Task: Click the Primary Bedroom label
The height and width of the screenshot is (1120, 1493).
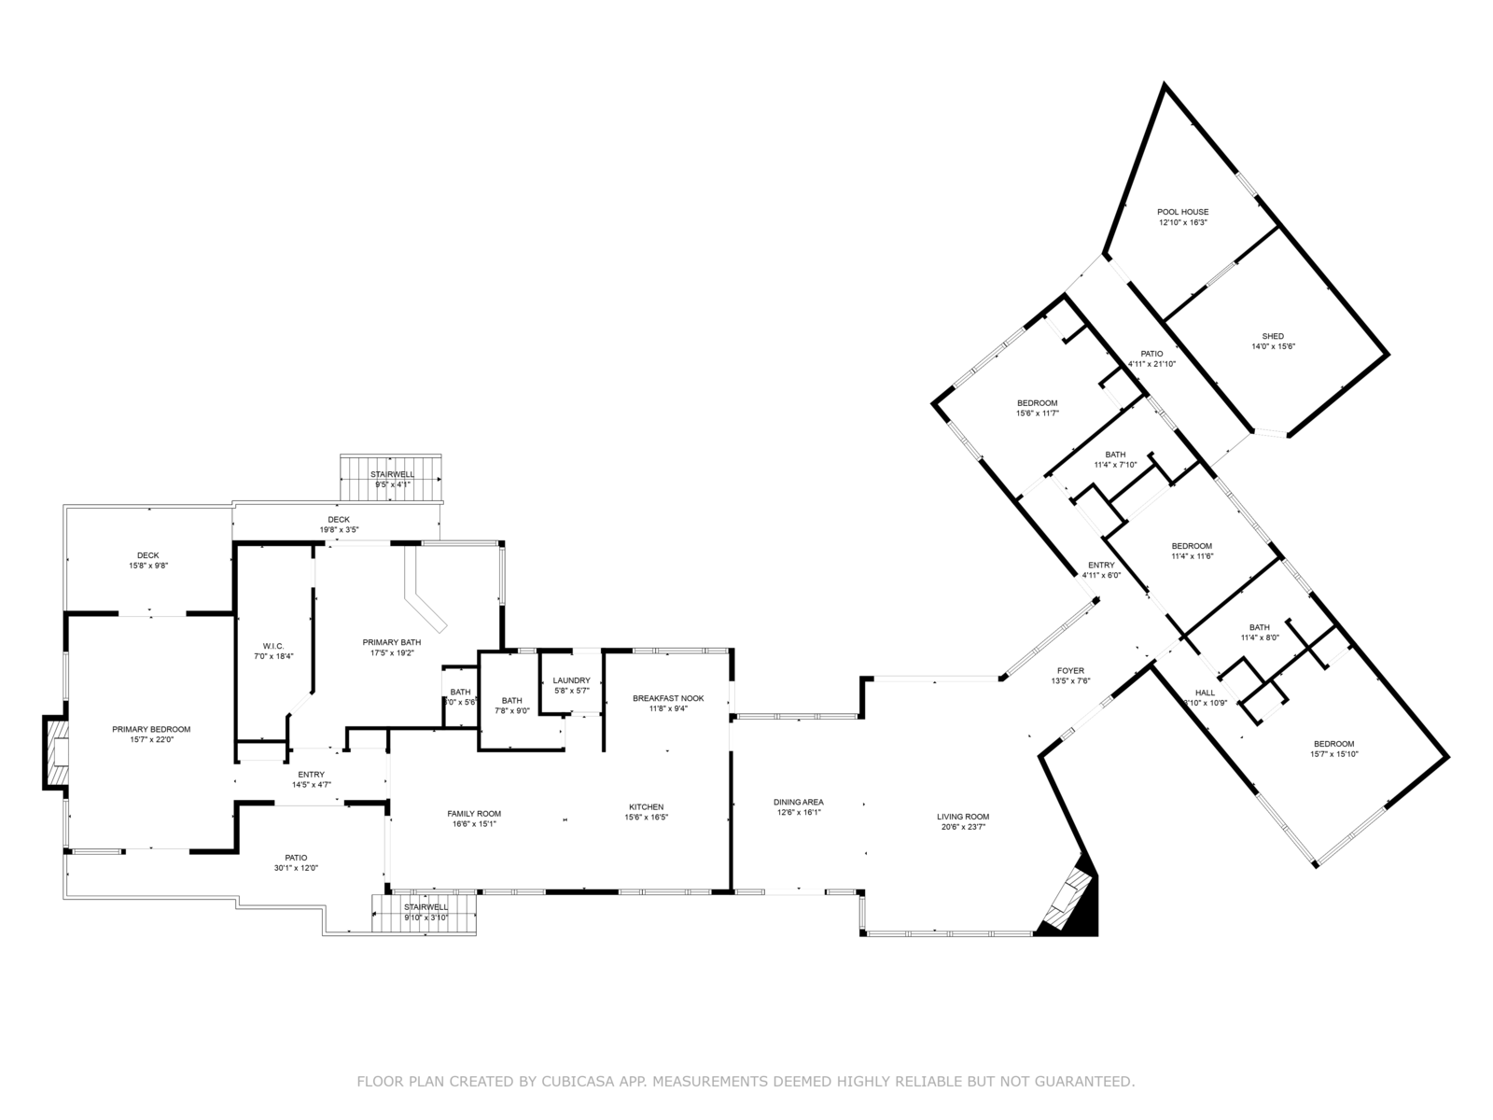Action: click(x=151, y=729)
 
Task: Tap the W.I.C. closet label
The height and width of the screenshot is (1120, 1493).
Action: click(x=272, y=645)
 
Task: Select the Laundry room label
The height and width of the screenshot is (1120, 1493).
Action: click(x=571, y=680)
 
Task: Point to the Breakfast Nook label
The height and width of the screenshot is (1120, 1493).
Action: click(x=668, y=698)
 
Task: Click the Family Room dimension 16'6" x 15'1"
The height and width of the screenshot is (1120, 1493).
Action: click(x=474, y=824)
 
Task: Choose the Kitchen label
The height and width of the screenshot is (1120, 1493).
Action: click(x=646, y=806)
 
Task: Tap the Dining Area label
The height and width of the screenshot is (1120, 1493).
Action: click(x=798, y=802)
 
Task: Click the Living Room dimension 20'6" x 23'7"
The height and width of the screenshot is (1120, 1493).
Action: click(x=963, y=827)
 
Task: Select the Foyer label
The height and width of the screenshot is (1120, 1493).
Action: click(x=1070, y=670)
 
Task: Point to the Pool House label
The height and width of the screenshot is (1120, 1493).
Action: click(x=1182, y=212)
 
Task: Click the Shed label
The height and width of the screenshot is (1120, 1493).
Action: click(x=1273, y=336)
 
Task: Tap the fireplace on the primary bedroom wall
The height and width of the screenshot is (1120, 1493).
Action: click(x=56, y=752)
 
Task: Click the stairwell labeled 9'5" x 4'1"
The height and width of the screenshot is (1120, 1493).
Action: click(x=392, y=480)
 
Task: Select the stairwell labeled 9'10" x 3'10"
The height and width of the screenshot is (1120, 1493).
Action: click(x=426, y=912)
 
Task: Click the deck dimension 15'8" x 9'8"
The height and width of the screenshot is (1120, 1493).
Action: click(x=148, y=566)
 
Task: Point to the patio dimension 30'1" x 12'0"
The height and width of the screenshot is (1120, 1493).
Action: click(x=296, y=868)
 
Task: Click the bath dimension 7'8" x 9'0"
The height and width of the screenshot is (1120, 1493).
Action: click(x=511, y=711)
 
